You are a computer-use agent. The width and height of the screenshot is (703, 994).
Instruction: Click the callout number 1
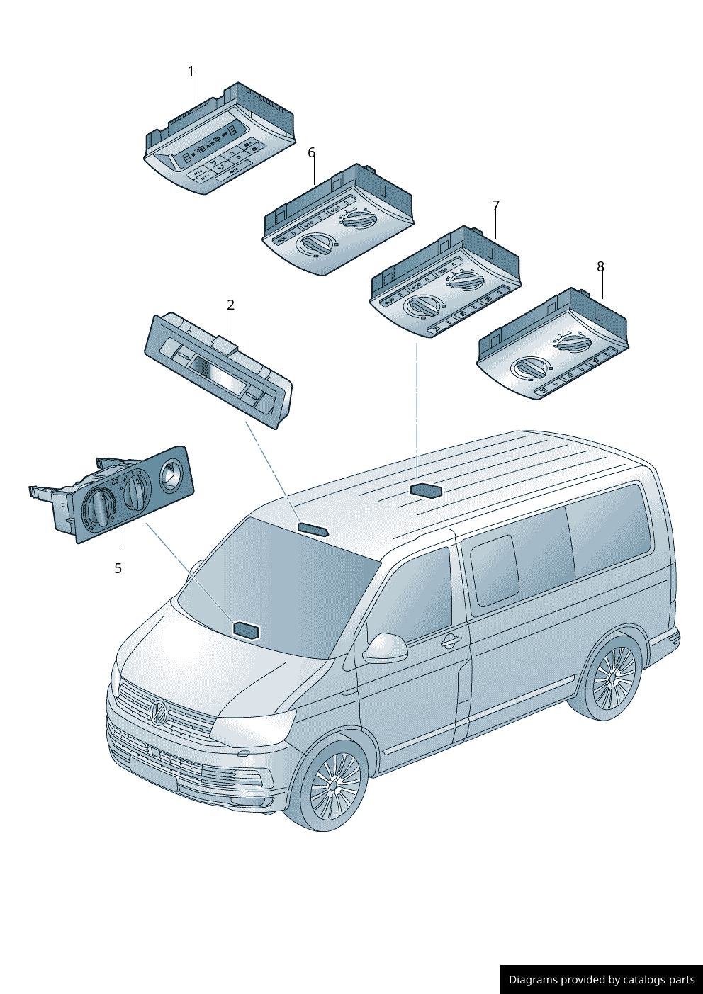tap(191, 72)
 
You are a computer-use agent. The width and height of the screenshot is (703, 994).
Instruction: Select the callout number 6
tap(311, 153)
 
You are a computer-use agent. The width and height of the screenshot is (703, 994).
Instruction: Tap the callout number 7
tap(495, 206)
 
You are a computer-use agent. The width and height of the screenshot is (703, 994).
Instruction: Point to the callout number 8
tap(600, 267)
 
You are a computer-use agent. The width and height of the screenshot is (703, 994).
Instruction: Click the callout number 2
tap(230, 305)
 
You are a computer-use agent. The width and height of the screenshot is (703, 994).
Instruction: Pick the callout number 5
tap(118, 568)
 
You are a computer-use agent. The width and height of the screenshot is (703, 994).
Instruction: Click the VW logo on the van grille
tap(157, 711)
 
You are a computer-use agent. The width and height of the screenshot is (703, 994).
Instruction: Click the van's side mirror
tap(386, 648)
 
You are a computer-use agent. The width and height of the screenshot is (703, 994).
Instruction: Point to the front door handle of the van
tap(450, 642)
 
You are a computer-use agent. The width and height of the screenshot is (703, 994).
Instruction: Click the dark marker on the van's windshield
tap(246, 629)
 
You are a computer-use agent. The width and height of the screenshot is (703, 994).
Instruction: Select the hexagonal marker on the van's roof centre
tap(426, 490)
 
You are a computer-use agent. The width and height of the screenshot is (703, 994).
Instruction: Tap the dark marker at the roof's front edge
tap(313, 529)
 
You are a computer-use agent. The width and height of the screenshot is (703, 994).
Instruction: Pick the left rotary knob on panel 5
tap(99, 507)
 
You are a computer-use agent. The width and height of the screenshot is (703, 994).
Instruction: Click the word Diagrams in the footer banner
tap(532, 980)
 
